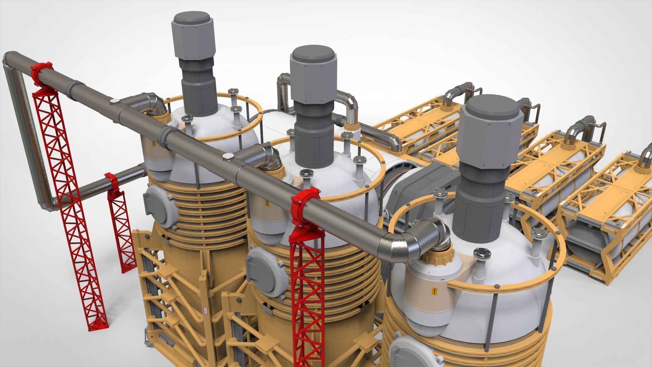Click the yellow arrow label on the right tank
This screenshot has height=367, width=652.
tap(434, 291)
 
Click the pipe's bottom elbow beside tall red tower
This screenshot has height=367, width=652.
tap(48, 204)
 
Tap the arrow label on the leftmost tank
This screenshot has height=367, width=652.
tap(153, 144)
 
